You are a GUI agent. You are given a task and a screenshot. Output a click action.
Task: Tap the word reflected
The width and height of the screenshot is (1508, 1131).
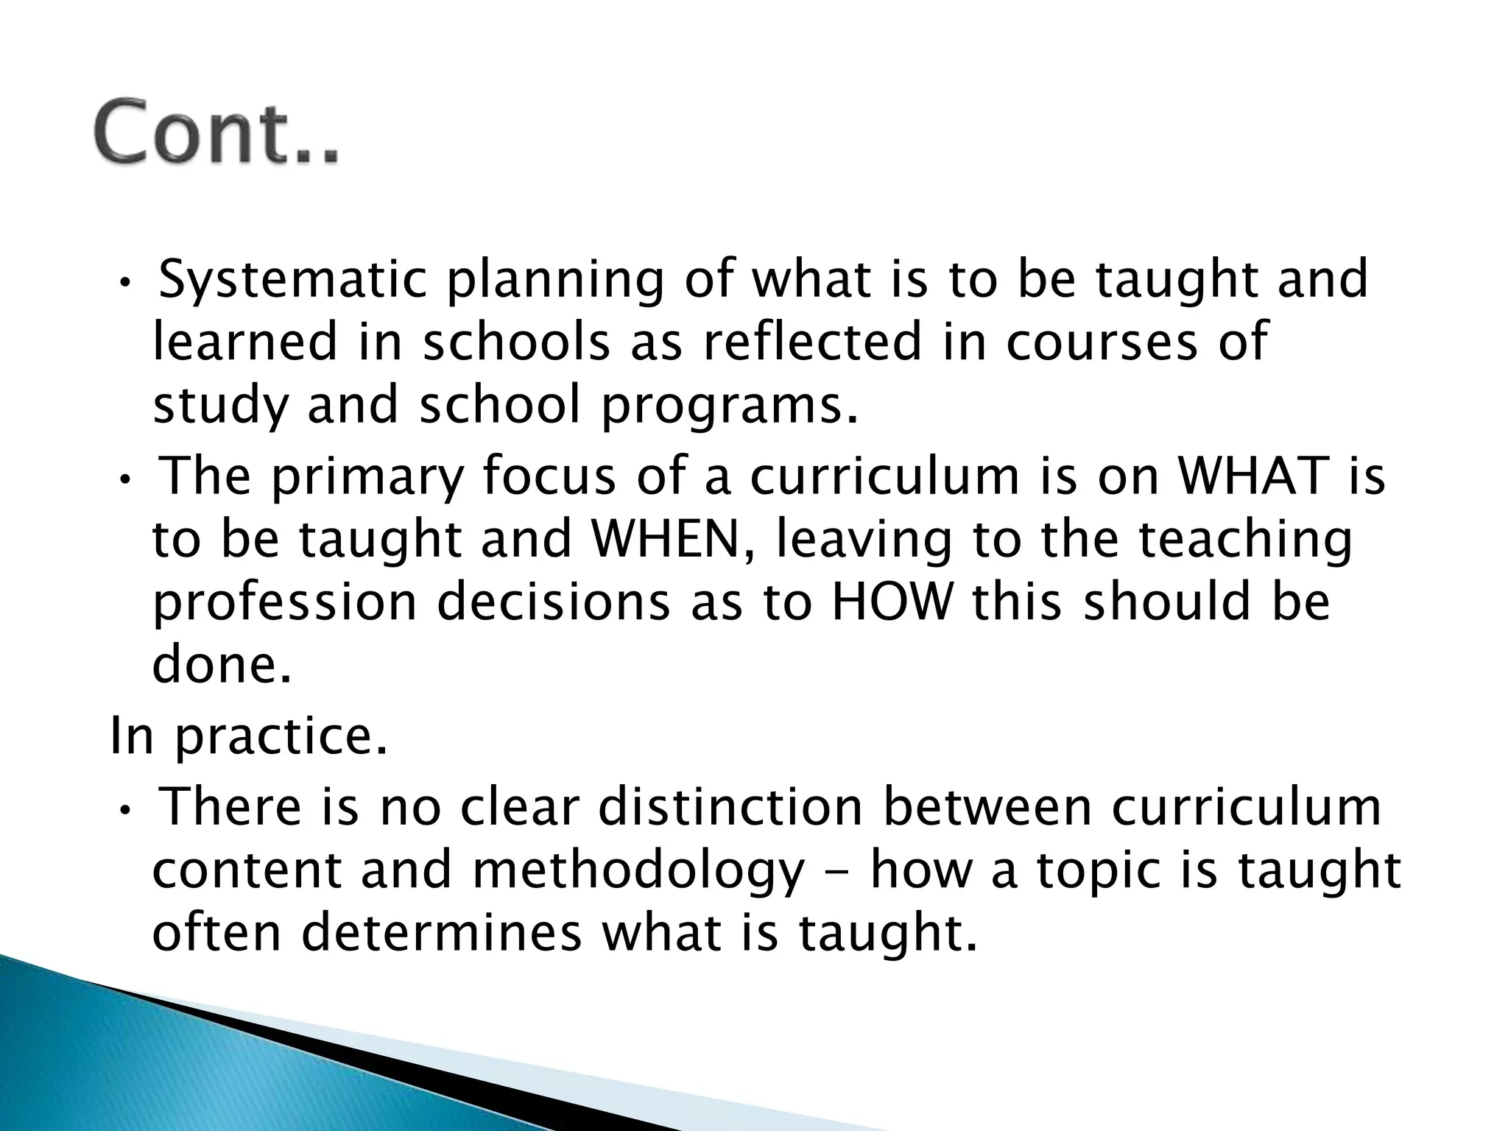click(812, 343)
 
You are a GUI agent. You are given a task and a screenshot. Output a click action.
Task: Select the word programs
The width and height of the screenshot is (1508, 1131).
click(730, 406)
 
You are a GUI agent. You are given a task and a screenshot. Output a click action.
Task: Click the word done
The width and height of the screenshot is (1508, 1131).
click(222, 665)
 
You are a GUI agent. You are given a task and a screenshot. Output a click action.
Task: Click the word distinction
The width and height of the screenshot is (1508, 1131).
click(730, 807)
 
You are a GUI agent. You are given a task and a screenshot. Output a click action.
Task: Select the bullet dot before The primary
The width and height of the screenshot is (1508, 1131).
click(125, 479)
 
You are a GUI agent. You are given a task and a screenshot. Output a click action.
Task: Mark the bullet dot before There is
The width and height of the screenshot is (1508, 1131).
click(125, 809)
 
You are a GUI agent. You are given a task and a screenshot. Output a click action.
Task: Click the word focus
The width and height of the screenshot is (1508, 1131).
click(549, 476)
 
